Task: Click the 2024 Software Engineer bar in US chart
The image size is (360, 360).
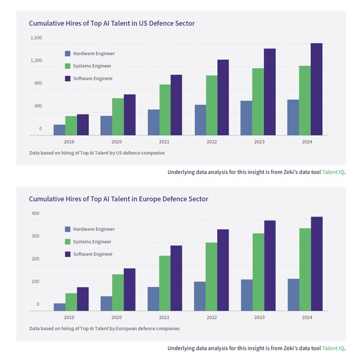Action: coord(316,90)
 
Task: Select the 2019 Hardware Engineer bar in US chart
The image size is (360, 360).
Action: coord(59,130)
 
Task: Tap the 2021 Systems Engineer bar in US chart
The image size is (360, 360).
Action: coord(164,110)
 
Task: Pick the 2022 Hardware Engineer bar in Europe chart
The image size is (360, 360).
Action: coord(200,296)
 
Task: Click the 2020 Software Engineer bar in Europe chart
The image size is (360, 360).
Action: coord(130,290)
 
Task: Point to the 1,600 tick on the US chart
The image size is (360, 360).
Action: coord(36,38)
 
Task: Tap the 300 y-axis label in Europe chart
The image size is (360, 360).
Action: coord(35,236)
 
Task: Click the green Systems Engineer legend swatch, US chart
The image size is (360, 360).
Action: coord(68,66)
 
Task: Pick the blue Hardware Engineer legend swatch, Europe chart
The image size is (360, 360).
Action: coord(68,229)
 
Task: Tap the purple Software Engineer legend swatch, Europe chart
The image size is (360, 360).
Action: coord(68,254)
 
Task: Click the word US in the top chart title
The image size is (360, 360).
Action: coord(143,23)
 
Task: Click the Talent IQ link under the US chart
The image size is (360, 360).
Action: coord(333,172)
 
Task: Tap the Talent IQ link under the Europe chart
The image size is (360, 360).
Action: coord(333,348)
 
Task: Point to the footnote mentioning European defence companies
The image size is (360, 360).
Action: coord(104,328)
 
